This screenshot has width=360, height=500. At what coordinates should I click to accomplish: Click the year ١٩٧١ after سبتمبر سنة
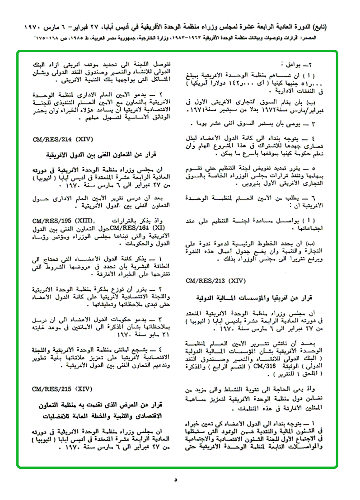tap(199, 110)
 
